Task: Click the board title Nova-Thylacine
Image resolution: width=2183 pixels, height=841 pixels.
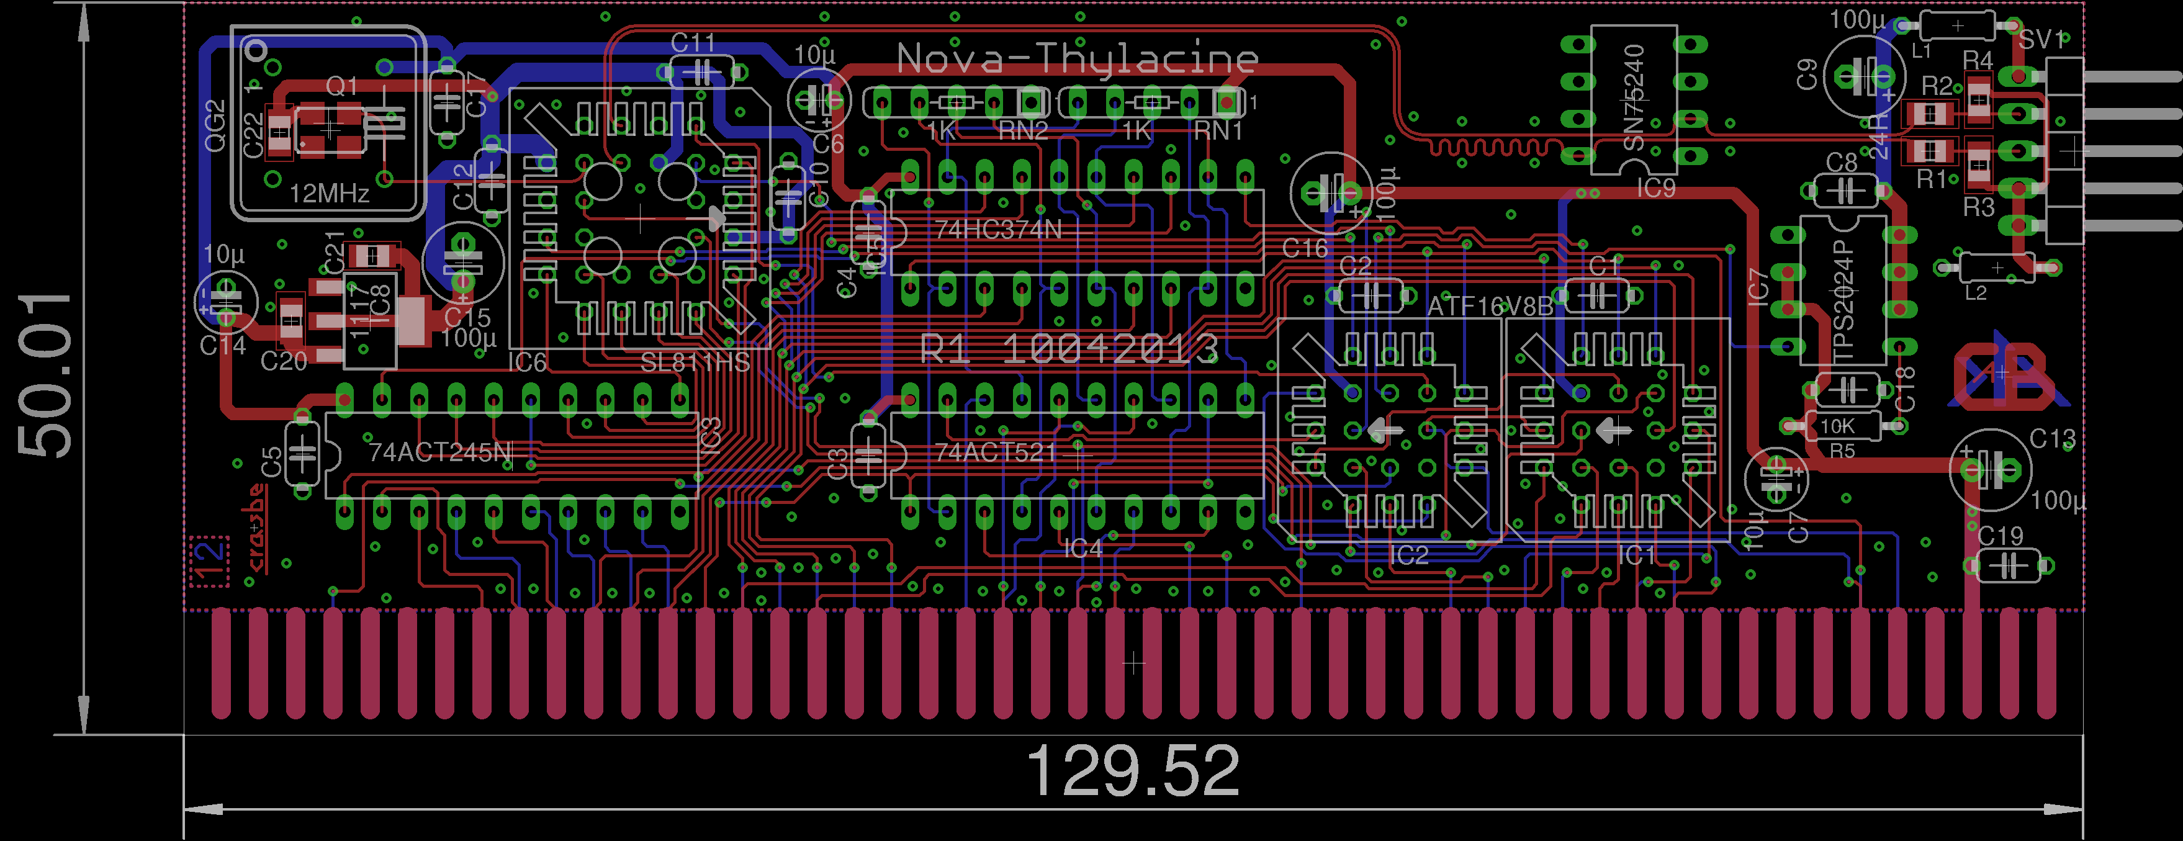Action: [1076, 60]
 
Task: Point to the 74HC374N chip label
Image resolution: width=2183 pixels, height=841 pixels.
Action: [998, 230]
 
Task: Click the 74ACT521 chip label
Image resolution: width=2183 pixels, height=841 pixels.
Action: [996, 452]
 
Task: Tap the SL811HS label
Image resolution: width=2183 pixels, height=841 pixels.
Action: [695, 363]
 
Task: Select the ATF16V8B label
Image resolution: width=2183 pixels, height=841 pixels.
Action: [1490, 305]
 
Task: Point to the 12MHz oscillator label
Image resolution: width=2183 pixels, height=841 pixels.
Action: [329, 194]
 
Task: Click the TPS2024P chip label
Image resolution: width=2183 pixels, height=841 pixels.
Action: [1844, 301]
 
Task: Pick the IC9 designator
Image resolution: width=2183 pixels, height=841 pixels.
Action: [1655, 188]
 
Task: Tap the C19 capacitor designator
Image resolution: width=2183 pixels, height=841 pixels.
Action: [2000, 536]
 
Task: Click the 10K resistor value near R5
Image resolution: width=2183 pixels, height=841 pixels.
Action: [1837, 426]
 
